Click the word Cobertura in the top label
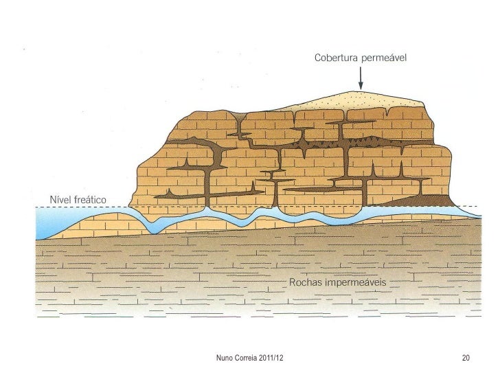coord(337,58)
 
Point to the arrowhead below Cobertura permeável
coord(361,87)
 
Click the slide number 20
coord(466,358)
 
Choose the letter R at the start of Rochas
coord(293,282)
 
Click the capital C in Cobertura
coord(318,58)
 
